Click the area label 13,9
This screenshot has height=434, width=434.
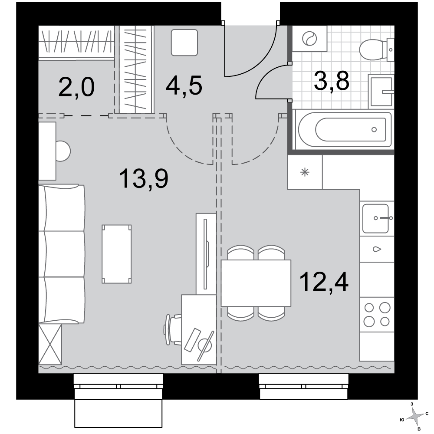pos(143,179)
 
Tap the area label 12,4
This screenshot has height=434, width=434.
pos(324,281)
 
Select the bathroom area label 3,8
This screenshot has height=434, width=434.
pos(331,81)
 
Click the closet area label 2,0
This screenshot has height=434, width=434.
pos(76,87)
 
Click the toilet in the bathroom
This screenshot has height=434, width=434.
pos(376,50)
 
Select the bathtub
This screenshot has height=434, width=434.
pos(344,129)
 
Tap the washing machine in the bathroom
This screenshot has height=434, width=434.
pos(309,39)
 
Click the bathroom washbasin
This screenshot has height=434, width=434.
pos(381,91)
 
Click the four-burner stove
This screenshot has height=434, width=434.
pos(377,314)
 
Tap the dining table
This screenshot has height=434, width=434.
pos(256,283)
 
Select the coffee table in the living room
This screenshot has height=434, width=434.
pos(116,254)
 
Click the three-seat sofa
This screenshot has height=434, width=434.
pos(62,254)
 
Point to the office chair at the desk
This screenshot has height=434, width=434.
pos(173,330)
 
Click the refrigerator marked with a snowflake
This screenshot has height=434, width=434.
pos(305,172)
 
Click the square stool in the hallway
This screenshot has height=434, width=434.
pos(184,43)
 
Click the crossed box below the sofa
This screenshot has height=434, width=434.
pos(50,344)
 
